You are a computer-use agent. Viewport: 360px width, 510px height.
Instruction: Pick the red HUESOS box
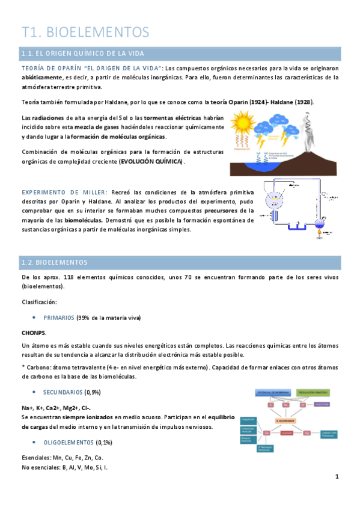(x=287, y=432)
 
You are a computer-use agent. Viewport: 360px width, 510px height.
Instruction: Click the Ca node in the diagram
(x=266, y=432)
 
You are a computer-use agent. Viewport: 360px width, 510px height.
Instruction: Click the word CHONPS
(x=33, y=333)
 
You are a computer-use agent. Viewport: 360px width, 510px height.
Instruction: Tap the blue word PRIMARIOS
(x=59, y=317)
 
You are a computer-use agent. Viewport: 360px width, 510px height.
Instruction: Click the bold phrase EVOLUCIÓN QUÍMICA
(x=151, y=162)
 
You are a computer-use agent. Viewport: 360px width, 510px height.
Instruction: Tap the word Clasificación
(x=40, y=301)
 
